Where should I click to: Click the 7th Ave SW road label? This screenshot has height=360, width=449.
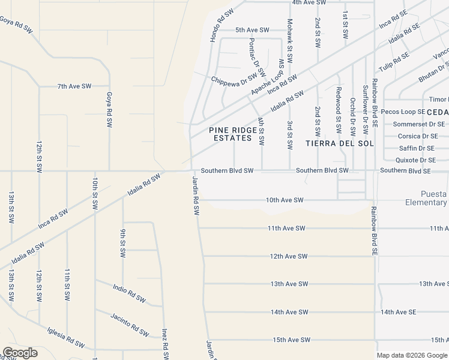click(x=74, y=86)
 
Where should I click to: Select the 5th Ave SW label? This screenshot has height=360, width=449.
click(x=252, y=29)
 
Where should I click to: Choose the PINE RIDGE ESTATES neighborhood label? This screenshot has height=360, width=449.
click(x=230, y=134)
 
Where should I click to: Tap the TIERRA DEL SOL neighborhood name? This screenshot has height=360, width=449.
click(x=340, y=143)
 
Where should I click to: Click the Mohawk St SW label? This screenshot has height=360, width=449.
click(x=290, y=41)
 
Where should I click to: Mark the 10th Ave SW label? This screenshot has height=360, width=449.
click(x=285, y=200)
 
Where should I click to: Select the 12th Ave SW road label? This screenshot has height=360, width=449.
click(x=289, y=256)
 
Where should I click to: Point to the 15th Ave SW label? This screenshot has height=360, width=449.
click(x=291, y=340)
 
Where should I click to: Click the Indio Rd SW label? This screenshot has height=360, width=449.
click(x=129, y=293)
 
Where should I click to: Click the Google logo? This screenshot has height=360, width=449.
click(x=20, y=353)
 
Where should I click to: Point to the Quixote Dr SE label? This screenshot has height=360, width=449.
click(x=415, y=160)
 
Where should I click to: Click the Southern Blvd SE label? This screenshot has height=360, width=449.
click(x=405, y=171)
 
